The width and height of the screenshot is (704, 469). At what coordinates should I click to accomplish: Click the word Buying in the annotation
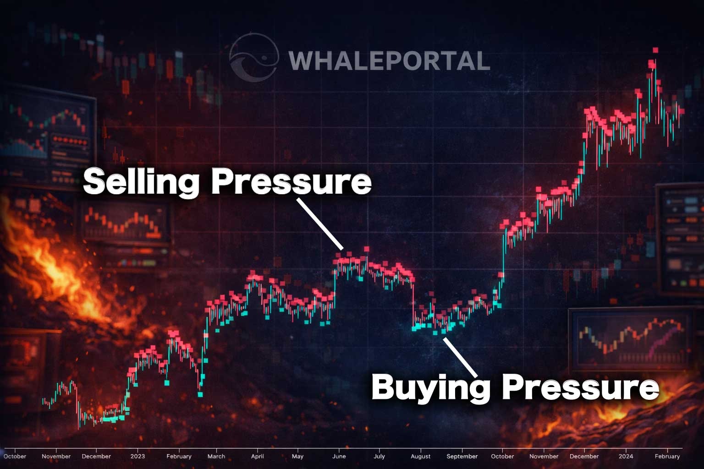[429, 387]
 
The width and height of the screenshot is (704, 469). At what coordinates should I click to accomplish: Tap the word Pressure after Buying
[580, 387]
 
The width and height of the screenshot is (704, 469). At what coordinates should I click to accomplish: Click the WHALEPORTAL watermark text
[389, 61]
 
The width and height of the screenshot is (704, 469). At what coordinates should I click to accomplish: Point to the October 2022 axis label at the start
[15, 456]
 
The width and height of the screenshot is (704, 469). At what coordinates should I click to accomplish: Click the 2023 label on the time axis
[137, 456]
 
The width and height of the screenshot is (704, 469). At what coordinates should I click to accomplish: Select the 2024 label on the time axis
[626, 456]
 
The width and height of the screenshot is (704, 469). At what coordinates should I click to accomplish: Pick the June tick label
[339, 456]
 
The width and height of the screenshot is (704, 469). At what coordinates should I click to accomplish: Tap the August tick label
[420, 456]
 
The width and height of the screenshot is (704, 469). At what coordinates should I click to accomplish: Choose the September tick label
[462, 456]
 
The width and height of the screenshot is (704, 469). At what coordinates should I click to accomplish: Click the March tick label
[216, 456]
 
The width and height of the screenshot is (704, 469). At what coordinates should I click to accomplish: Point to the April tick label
[258, 456]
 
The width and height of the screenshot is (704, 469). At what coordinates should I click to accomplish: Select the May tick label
[297, 456]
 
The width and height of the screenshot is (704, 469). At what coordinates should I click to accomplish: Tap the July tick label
[379, 456]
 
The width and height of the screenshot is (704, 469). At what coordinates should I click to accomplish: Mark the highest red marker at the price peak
[655, 50]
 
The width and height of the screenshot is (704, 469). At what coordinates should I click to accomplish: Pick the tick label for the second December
[584, 456]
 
